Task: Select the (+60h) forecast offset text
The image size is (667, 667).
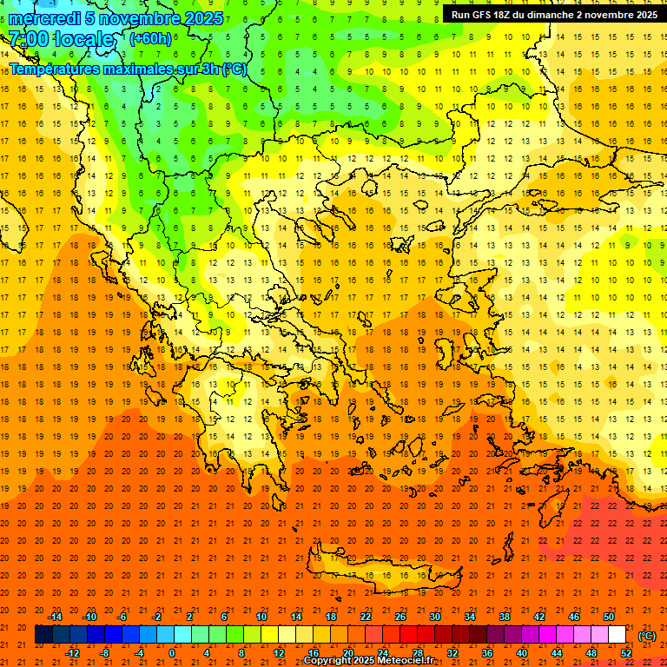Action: click(150, 39)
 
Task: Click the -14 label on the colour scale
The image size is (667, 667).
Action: click(55, 617)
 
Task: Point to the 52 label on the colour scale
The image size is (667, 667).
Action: click(626, 653)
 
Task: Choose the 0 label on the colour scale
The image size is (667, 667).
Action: click(171, 653)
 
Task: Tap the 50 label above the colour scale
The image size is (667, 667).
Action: click(609, 617)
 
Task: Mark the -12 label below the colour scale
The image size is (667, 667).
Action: click(72, 653)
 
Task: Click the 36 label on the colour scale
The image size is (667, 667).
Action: click(487, 653)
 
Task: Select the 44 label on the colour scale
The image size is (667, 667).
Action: click(557, 653)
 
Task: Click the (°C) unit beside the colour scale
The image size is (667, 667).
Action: click(646, 636)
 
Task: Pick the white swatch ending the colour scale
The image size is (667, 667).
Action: click(617, 635)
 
